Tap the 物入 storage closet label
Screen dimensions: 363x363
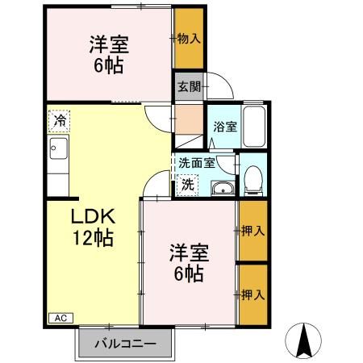(189, 38)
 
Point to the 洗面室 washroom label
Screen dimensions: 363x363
(197, 162)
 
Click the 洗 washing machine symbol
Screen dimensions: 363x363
(187, 184)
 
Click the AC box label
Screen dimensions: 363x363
(59, 319)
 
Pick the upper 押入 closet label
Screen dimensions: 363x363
(252, 232)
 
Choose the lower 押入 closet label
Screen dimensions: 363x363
(252, 294)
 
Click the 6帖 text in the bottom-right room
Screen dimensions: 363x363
(188, 274)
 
